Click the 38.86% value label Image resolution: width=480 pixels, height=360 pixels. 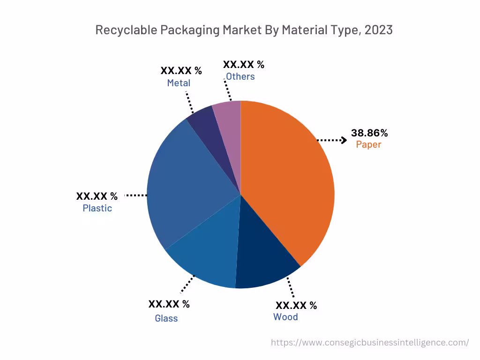[369, 133]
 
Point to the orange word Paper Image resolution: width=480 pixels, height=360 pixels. [368, 144]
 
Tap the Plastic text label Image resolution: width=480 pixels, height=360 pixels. [97, 208]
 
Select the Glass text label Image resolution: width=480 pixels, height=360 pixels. [166, 318]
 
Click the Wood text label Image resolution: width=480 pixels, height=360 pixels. [285, 317]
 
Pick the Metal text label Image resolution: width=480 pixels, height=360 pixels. [179, 83]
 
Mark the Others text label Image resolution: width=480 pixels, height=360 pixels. [240, 76]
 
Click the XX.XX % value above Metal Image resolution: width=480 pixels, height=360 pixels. [181, 71]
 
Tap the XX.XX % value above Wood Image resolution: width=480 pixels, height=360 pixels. [296, 306]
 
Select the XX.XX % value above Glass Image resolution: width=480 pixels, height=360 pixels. [169, 304]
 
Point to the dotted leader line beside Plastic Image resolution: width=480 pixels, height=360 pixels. [135, 195]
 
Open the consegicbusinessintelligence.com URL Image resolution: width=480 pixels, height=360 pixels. [370, 343]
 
